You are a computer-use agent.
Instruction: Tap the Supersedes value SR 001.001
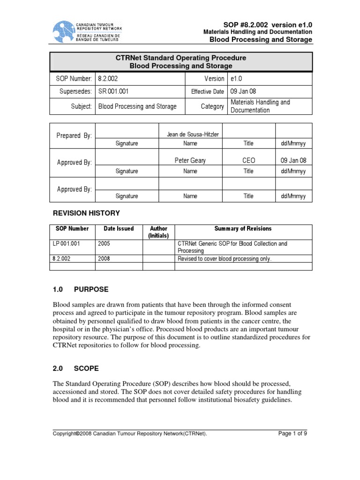coord(114,91)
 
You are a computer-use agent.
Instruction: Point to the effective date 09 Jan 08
coord(243,91)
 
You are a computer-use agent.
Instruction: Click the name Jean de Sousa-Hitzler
coord(190,135)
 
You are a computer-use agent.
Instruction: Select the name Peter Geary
coord(190,161)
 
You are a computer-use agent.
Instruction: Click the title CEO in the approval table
coord(248,161)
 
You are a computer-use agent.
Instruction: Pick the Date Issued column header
coord(119,229)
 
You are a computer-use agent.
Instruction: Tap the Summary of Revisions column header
coord(243,229)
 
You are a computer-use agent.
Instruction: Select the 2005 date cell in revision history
coord(105,244)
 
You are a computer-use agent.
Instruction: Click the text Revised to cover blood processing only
coord(225,259)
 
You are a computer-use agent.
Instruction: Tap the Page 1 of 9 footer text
coord(292,434)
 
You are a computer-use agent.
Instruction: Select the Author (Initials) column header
coord(158,232)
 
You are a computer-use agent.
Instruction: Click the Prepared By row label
coord(74,135)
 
